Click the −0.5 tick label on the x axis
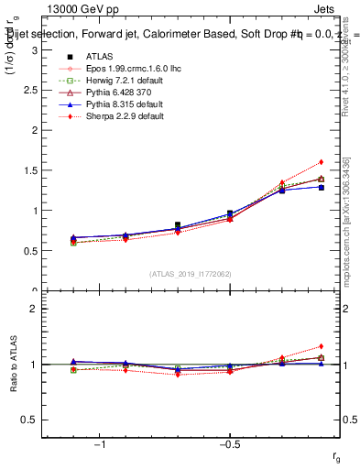[x=229, y=444]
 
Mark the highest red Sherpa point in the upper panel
[x=321, y=162]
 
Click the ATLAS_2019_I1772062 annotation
[x=191, y=273]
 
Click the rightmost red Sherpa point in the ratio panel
[x=321, y=346]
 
